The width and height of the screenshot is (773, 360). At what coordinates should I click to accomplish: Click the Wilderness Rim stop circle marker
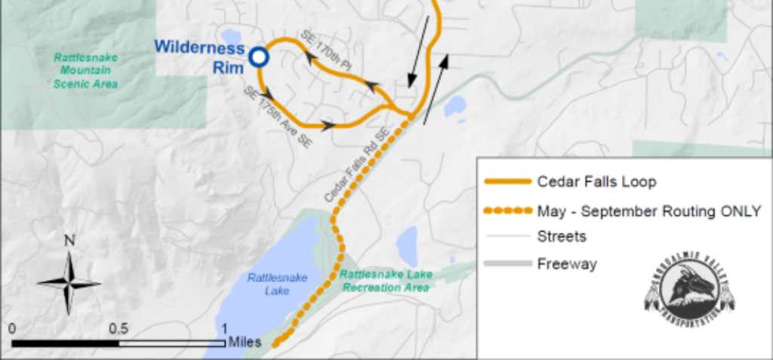pyautogui.click(x=259, y=57)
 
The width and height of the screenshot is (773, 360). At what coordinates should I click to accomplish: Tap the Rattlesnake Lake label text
pyautogui.click(x=277, y=284)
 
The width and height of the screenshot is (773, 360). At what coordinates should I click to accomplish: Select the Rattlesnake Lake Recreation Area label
pyautogui.click(x=385, y=281)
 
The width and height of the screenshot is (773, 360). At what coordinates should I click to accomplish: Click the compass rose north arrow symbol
pyautogui.click(x=69, y=284)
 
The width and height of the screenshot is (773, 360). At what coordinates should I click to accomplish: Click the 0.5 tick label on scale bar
pyautogui.click(x=119, y=330)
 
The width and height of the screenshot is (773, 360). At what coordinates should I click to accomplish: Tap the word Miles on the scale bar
pyautogui.click(x=245, y=342)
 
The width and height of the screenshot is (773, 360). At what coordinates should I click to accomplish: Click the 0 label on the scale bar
pyautogui.click(x=13, y=330)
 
